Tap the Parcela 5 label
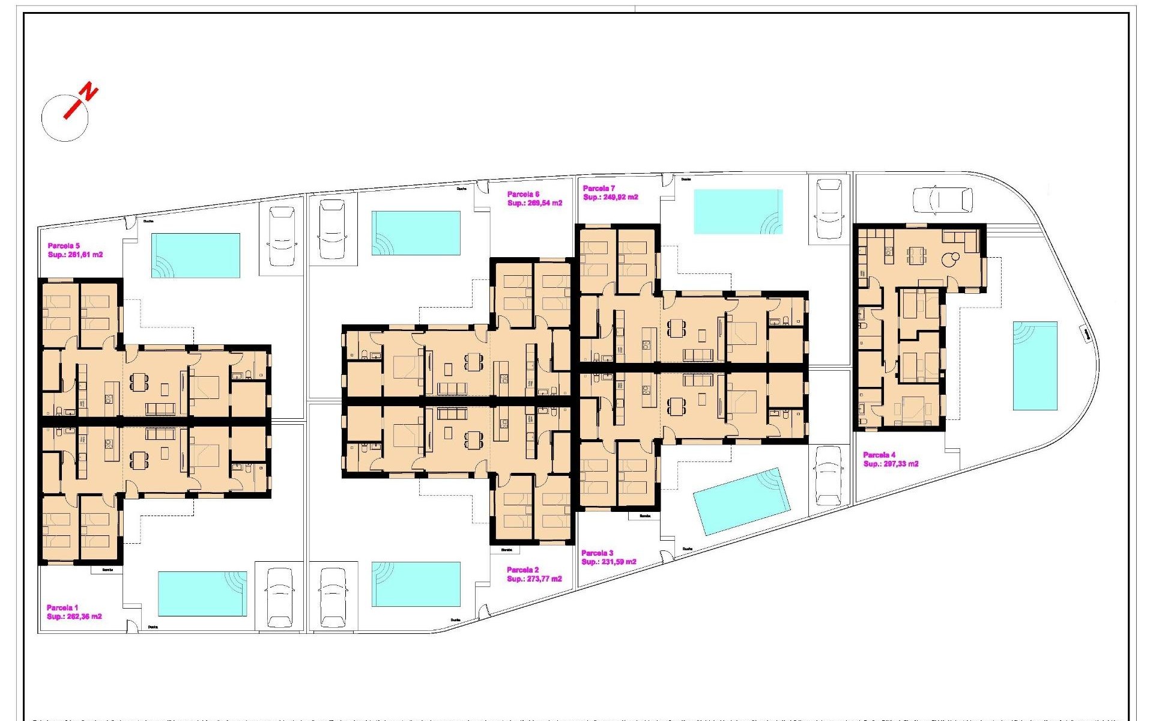click(64, 246)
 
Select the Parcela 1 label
click(62, 607)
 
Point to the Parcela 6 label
click(523, 194)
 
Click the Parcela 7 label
click(599, 188)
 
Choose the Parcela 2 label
click(522, 570)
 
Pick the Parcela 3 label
click(597, 553)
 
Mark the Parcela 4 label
click(879, 455)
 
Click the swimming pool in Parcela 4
click(1035, 365)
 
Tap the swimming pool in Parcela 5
click(196, 255)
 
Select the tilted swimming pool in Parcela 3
click(740, 500)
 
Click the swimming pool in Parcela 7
click(738, 211)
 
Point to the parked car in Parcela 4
click(942, 199)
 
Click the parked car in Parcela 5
click(281, 236)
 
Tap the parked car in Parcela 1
click(279, 597)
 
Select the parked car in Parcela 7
click(829, 208)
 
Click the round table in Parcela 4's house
click(950, 260)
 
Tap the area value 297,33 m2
click(900, 464)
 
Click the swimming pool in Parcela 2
click(416, 584)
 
